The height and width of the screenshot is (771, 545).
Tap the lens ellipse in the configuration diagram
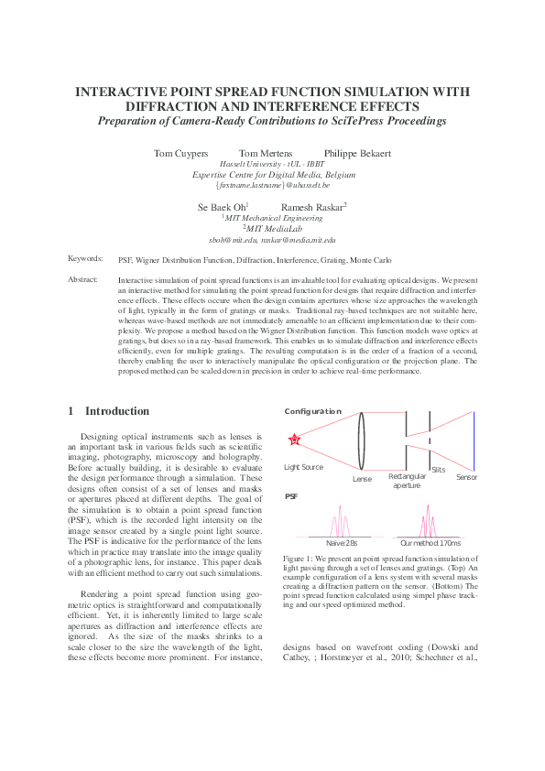[x=363, y=441]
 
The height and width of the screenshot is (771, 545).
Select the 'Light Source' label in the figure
[x=303, y=467]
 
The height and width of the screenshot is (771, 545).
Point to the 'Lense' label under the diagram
[x=362, y=478]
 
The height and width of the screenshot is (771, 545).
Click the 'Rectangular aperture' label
[x=407, y=481]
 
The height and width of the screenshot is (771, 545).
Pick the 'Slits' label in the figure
[x=439, y=469]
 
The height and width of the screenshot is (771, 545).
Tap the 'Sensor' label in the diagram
[x=466, y=477]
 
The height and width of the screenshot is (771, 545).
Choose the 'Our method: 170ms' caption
[x=431, y=544]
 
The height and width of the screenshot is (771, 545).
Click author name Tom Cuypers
[x=180, y=153]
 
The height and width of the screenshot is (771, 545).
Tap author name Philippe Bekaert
[x=358, y=153]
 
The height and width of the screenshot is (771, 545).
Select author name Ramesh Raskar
[x=312, y=208]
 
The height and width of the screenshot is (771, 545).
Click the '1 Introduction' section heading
[x=108, y=411]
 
